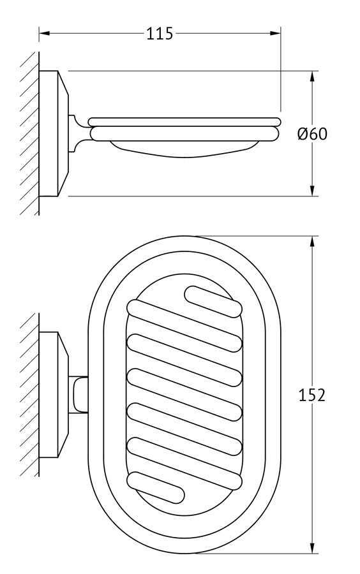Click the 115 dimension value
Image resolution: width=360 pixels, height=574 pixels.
160,33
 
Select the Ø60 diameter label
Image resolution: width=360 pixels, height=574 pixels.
312,134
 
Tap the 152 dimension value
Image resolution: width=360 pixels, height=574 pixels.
312,395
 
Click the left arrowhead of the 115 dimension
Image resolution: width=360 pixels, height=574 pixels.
44,33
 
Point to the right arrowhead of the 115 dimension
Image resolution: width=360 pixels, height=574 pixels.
275,33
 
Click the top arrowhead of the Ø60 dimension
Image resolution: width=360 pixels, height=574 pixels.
312,76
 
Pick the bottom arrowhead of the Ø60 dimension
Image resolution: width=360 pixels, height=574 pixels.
312,190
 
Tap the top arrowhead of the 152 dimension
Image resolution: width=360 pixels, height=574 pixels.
312,242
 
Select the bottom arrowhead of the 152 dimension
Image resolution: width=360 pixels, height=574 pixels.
312,548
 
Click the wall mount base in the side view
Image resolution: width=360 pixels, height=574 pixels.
53,134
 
